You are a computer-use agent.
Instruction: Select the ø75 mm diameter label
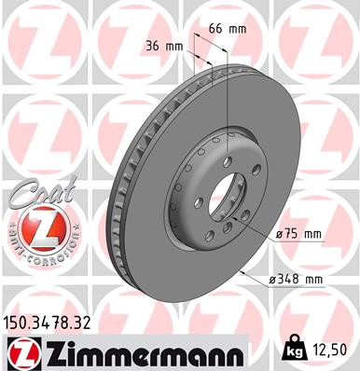coord(298,235)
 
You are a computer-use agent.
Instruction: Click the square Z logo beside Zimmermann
coord(19,353)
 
